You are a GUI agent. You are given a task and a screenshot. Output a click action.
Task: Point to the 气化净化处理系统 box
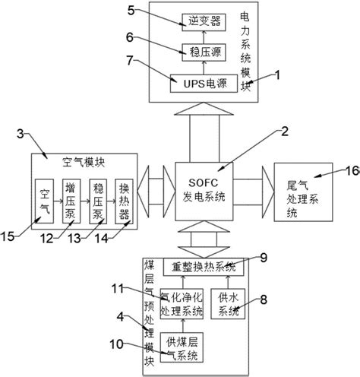182,305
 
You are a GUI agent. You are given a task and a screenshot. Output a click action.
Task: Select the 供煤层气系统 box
181,349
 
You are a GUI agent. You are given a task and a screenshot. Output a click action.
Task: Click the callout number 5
130,11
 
